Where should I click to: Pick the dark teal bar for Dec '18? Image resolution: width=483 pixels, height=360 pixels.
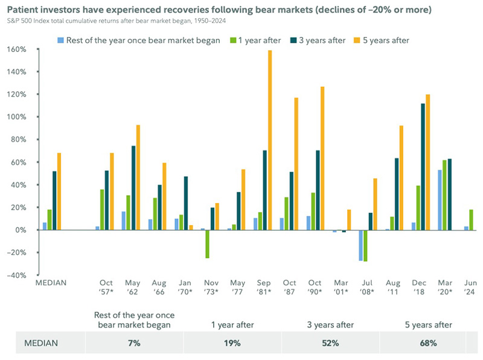[423, 167]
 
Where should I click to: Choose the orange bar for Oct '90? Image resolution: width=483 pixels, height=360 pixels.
[322, 158]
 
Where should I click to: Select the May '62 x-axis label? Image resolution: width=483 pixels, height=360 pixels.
[132, 288]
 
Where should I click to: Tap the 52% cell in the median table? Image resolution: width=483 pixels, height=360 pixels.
[330, 343]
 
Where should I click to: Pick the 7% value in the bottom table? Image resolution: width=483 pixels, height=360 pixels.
[134, 343]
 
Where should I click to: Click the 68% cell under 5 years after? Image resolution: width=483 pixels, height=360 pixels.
[428, 343]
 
